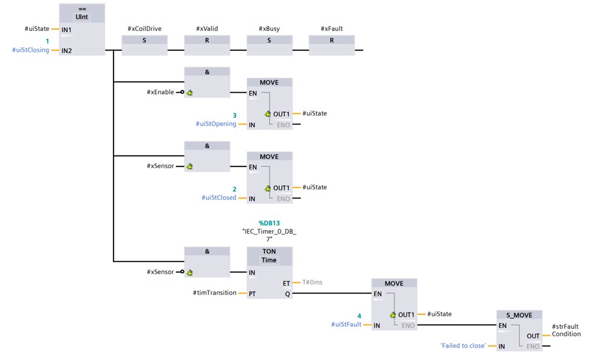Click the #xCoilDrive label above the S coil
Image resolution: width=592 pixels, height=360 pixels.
pos(145,29)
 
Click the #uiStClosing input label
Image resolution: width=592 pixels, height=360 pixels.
pos(31,50)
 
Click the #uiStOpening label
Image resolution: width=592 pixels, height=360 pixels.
pos(216,124)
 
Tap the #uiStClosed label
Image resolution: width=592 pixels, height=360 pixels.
pos(219,198)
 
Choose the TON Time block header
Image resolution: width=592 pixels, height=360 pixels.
pos(269,255)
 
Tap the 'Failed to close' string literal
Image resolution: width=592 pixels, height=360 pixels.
pos(463,345)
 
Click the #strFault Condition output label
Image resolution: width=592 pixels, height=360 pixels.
pos(566,330)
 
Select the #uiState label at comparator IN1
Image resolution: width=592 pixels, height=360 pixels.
pos(37,29)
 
